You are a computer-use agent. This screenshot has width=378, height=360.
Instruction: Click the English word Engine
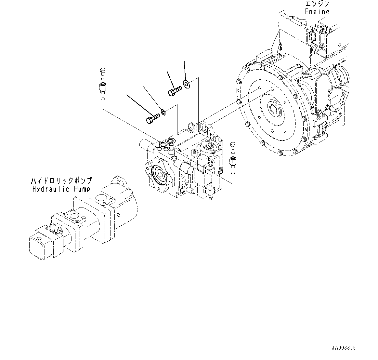(x=317, y=12)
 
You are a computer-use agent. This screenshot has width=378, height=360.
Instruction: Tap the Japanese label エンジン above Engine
(x=317, y=4)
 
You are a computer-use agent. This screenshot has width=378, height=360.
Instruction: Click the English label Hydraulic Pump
(x=61, y=189)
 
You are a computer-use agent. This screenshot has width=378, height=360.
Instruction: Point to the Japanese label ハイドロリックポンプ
(x=61, y=180)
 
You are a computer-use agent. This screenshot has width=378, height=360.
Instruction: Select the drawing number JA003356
(x=344, y=348)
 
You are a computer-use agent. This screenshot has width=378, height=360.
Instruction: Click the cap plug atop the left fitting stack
(x=102, y=71)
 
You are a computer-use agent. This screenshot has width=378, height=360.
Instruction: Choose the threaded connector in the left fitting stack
(x=102, y=87)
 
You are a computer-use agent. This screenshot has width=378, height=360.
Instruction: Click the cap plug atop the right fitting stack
(x=232, y=144)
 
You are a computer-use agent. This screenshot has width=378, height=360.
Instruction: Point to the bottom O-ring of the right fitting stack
(x=232, y=172)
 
